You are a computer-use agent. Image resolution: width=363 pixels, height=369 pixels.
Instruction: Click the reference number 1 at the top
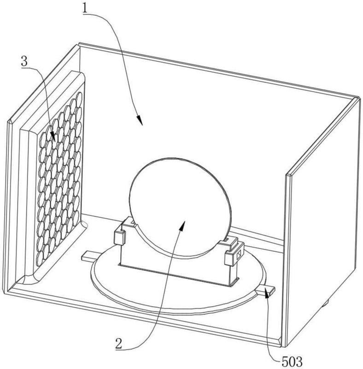85,9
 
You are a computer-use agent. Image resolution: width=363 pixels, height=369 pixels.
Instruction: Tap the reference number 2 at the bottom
119,344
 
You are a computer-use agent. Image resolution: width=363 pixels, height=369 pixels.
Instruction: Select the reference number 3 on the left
24,61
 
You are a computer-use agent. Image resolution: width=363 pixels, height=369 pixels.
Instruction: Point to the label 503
292,362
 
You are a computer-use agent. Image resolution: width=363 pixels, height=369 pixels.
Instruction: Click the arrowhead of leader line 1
140,120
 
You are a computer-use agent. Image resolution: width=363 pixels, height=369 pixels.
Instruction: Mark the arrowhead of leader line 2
182,225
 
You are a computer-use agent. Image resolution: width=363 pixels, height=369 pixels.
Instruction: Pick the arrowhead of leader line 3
53,137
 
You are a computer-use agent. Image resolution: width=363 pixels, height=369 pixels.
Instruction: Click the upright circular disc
180,207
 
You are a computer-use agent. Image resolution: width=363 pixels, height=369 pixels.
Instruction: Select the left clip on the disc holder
120,237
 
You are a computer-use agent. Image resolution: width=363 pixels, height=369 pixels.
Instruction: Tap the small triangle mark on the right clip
239,255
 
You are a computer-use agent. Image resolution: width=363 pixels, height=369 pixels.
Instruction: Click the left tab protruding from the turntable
88,256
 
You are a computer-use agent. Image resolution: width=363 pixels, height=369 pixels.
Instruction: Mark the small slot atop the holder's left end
133,222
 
